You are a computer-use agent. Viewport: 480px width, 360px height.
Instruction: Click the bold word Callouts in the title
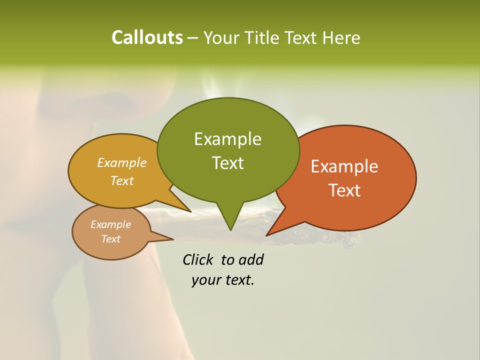click(x=147, y=37)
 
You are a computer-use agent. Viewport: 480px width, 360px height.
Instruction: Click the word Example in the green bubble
click(x=227, y=139)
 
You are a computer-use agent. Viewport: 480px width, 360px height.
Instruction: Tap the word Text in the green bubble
click(x=227, y=163)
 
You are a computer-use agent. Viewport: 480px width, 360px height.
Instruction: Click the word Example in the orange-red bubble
click(x=344, y=166)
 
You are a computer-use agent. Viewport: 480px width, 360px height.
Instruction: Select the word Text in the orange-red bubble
click(x=344, y=190)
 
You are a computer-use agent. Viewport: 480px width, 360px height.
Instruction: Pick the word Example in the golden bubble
click(x=122, y=163)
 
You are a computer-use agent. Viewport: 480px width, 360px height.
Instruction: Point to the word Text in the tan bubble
click(x=110, y=239)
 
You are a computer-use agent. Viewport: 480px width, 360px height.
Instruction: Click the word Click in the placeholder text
click(x=198, y=259)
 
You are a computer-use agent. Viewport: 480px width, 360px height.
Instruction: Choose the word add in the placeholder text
click(x=251, y=259)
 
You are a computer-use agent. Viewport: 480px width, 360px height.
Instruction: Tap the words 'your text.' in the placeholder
click(x=223, y=280)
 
